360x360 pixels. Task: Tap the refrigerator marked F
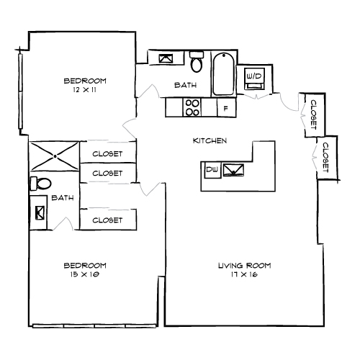click(x=226, y=108)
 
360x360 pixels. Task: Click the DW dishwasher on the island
click(x=212, y=170)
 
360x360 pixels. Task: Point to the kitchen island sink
click(x=233, y=170)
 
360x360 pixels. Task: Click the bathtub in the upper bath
click(x=223, y=73)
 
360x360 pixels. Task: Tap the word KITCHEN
click(x=210, y=140)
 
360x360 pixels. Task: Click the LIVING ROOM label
click(x=244, y=266)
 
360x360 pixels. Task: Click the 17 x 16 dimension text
click(x=244, y=274)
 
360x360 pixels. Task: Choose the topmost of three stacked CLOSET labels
click(x=107, y=153)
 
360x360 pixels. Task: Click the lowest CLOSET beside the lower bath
click(x=107, y=220)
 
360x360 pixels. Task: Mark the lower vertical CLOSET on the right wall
click(x=325, y=156)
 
